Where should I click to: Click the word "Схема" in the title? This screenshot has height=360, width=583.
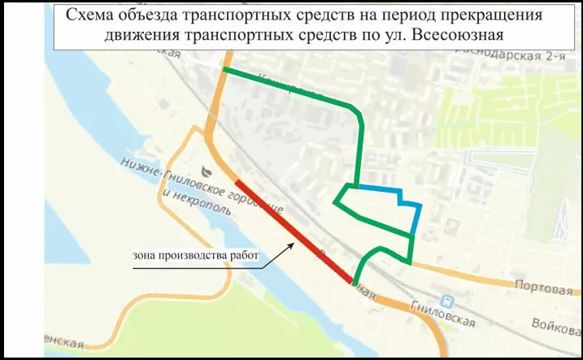pyautogui.click(x=89, y=16)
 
